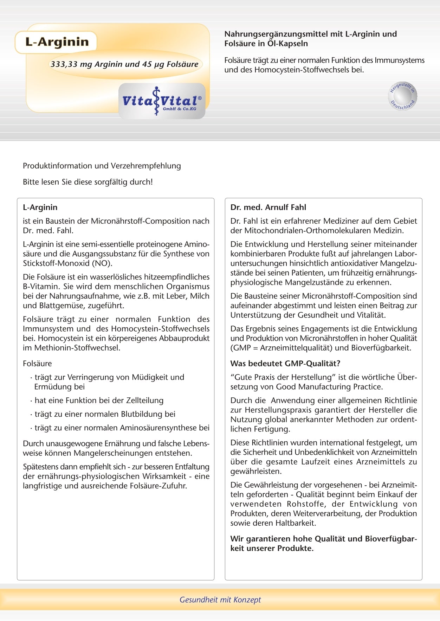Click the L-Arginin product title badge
56,42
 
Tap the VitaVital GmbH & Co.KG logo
162,101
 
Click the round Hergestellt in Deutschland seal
403,96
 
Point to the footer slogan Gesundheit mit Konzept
220,600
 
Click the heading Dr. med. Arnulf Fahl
268,207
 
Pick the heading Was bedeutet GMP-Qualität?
285,364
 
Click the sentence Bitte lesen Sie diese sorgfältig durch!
88,182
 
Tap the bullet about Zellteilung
99,401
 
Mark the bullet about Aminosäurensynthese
122,428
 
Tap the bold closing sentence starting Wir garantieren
323,544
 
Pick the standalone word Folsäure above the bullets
37,364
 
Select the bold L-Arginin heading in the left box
40,207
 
